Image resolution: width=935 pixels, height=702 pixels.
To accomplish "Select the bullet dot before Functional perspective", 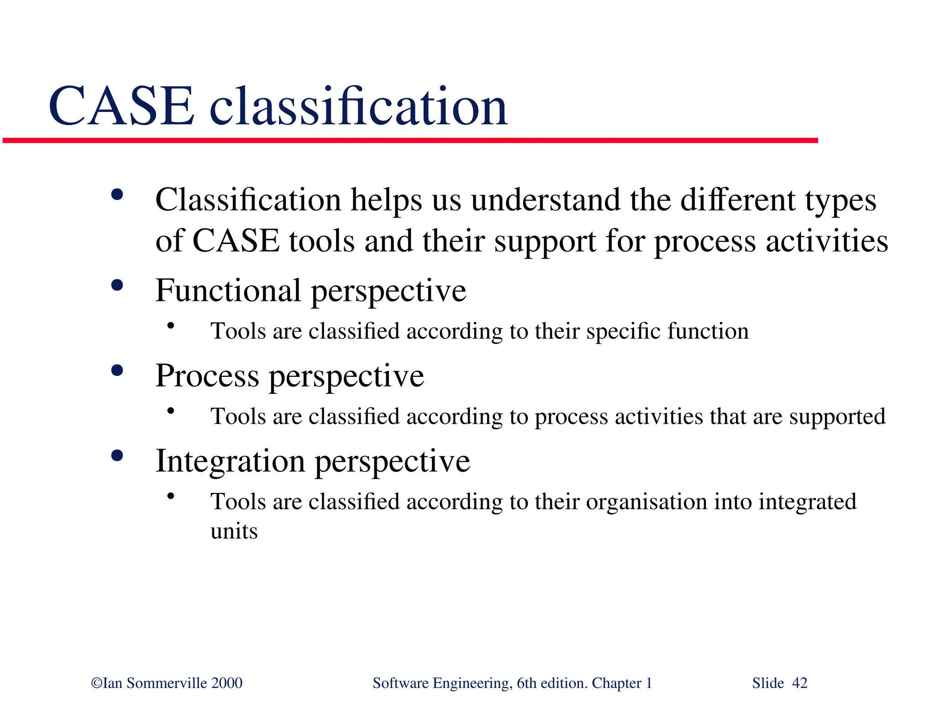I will tap(117, 285).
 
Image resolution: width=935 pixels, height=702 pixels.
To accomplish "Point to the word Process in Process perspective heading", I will tap(207, 376).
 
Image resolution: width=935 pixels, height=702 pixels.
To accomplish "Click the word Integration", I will tap(230, 461).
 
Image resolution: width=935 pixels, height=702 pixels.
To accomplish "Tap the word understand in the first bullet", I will tap(546, 200).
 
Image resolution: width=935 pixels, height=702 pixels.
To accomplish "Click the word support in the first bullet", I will tap(545, 242).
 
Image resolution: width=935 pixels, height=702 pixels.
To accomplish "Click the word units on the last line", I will tap(234, 531).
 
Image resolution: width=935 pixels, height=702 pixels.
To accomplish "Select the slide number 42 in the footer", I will tap(799, 683).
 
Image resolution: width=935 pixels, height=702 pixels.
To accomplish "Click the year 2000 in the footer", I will tap(227, 683).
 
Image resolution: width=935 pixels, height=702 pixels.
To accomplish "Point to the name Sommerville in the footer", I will tap(167, 683).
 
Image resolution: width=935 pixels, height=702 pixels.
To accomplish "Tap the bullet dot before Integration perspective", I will tap(117, 456).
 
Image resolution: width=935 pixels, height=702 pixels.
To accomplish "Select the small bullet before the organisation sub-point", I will tap(171, 496).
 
